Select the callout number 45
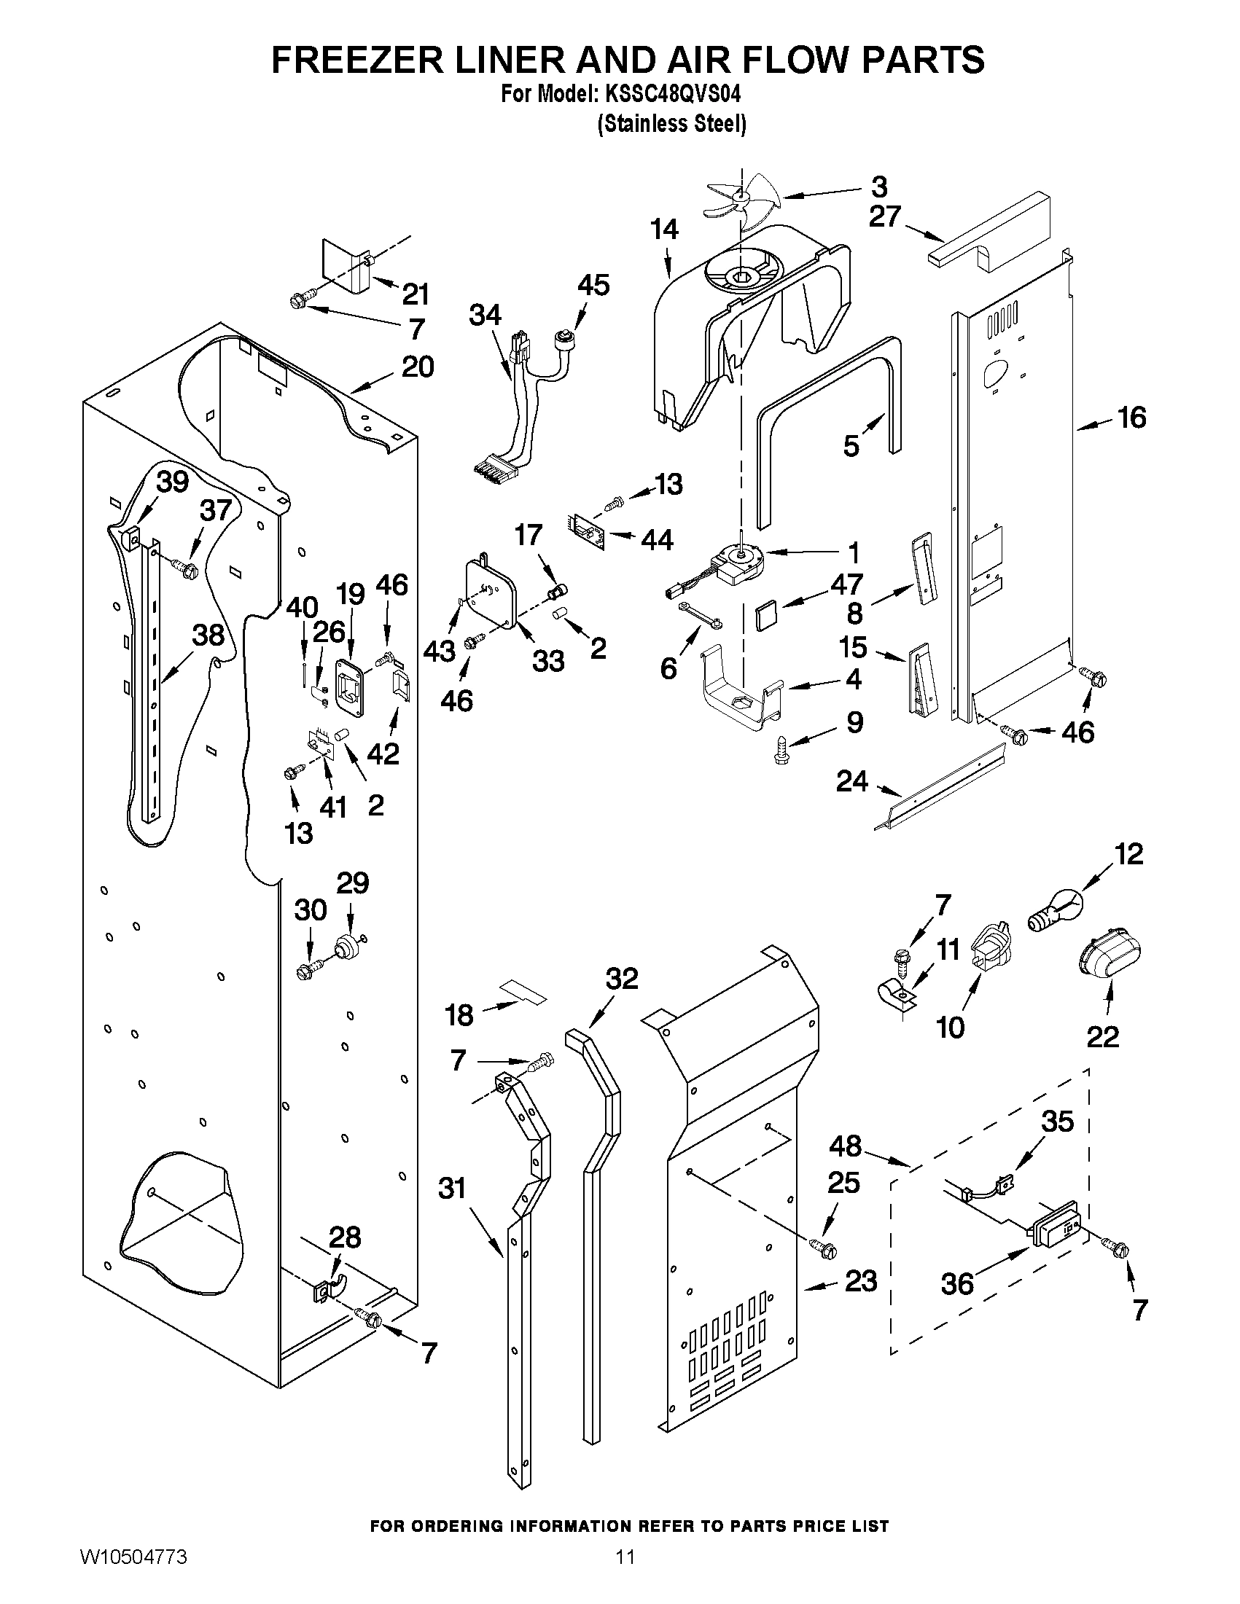pyautogui.click(x=593, y=285)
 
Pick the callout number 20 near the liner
pyautogui.click(x=417, y=367)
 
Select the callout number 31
pyautogui.click(x=452, y=1188)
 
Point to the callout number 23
pyautogui.click(x=861, y=1282)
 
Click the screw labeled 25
pyautogui.click(x=824, y=1246)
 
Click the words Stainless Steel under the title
pyautogui.click(x=671, y=124)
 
